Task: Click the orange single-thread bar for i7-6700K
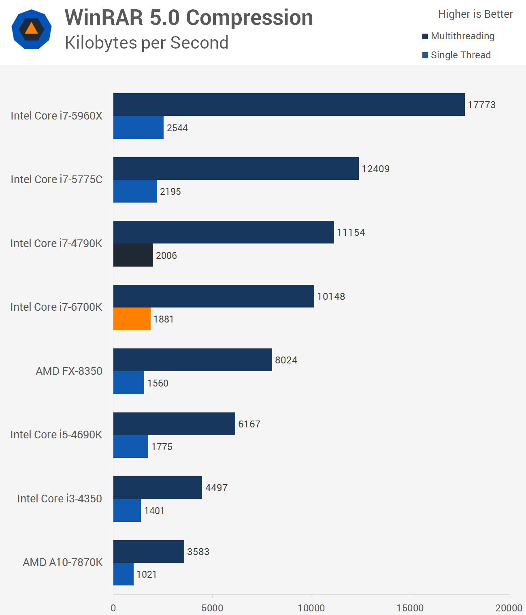click(x=132, y=319)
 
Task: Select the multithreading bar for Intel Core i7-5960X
click(x=289, y=105)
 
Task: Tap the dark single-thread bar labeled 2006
click(x=133, y=255)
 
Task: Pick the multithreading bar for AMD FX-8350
click(x=192, y=360)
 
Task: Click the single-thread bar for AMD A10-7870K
click(x=124, y=574)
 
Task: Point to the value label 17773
click(x=481, y=105)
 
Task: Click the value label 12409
click(x=375, y=169)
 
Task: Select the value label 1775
click(x=162, y=447)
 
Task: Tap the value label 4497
click(x=216, y=488)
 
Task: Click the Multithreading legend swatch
click(x=425, y=36)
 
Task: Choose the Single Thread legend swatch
click(x=425, y=56)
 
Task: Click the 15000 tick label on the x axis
click(x=410, y=608)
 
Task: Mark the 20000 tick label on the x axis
click(x=509, y=608)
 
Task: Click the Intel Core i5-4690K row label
click(x=56, y=435)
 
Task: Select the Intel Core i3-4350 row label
click(x=60, y=499)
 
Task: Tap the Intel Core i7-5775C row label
click(x=56, y=179)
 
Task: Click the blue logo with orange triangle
click(x=32, y=29)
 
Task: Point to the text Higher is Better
click(x=475, y=14)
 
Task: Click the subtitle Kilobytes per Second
click(x=147, y=43)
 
